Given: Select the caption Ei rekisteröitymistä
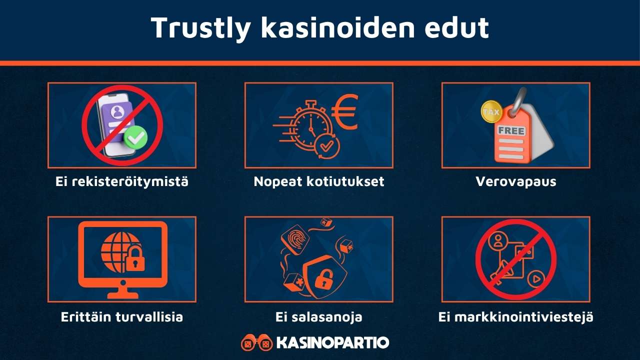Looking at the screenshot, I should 121,181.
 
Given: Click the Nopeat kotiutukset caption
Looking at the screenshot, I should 319,181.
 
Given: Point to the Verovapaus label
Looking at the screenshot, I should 515,181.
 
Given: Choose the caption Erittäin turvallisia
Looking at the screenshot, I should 121,317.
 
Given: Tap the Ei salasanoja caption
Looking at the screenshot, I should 319,317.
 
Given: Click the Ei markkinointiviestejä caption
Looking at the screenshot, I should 515,317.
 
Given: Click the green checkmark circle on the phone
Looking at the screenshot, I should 135,137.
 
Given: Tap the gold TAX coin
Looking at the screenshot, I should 491,111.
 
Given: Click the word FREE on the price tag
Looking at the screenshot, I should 511,131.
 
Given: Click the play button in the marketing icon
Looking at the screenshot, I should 535,278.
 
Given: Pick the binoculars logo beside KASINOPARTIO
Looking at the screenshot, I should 256,343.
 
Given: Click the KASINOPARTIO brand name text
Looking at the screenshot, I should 332,343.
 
